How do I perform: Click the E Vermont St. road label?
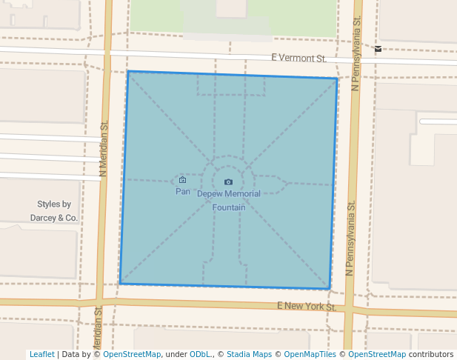tap(298, 58)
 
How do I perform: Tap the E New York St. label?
tap(307, 306)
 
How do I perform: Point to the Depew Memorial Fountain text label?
tap(229, 201)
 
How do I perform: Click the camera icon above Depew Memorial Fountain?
tap(228, 181)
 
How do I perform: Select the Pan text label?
tap(182, 191)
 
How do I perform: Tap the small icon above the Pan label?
tap(182, 179)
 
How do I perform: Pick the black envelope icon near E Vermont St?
tap(378, 49)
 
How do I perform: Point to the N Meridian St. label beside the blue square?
tap(103, 148)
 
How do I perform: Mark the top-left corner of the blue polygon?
tap(128, 71)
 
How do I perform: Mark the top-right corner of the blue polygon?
tap(337, 78)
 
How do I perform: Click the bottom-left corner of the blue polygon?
tap(119, 284)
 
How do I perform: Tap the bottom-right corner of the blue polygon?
tap(330, 289)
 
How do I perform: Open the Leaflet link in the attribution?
tap(41, 355)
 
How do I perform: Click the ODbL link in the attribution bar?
tap(200, 355)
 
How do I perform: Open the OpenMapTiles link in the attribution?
tap(310, 355)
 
